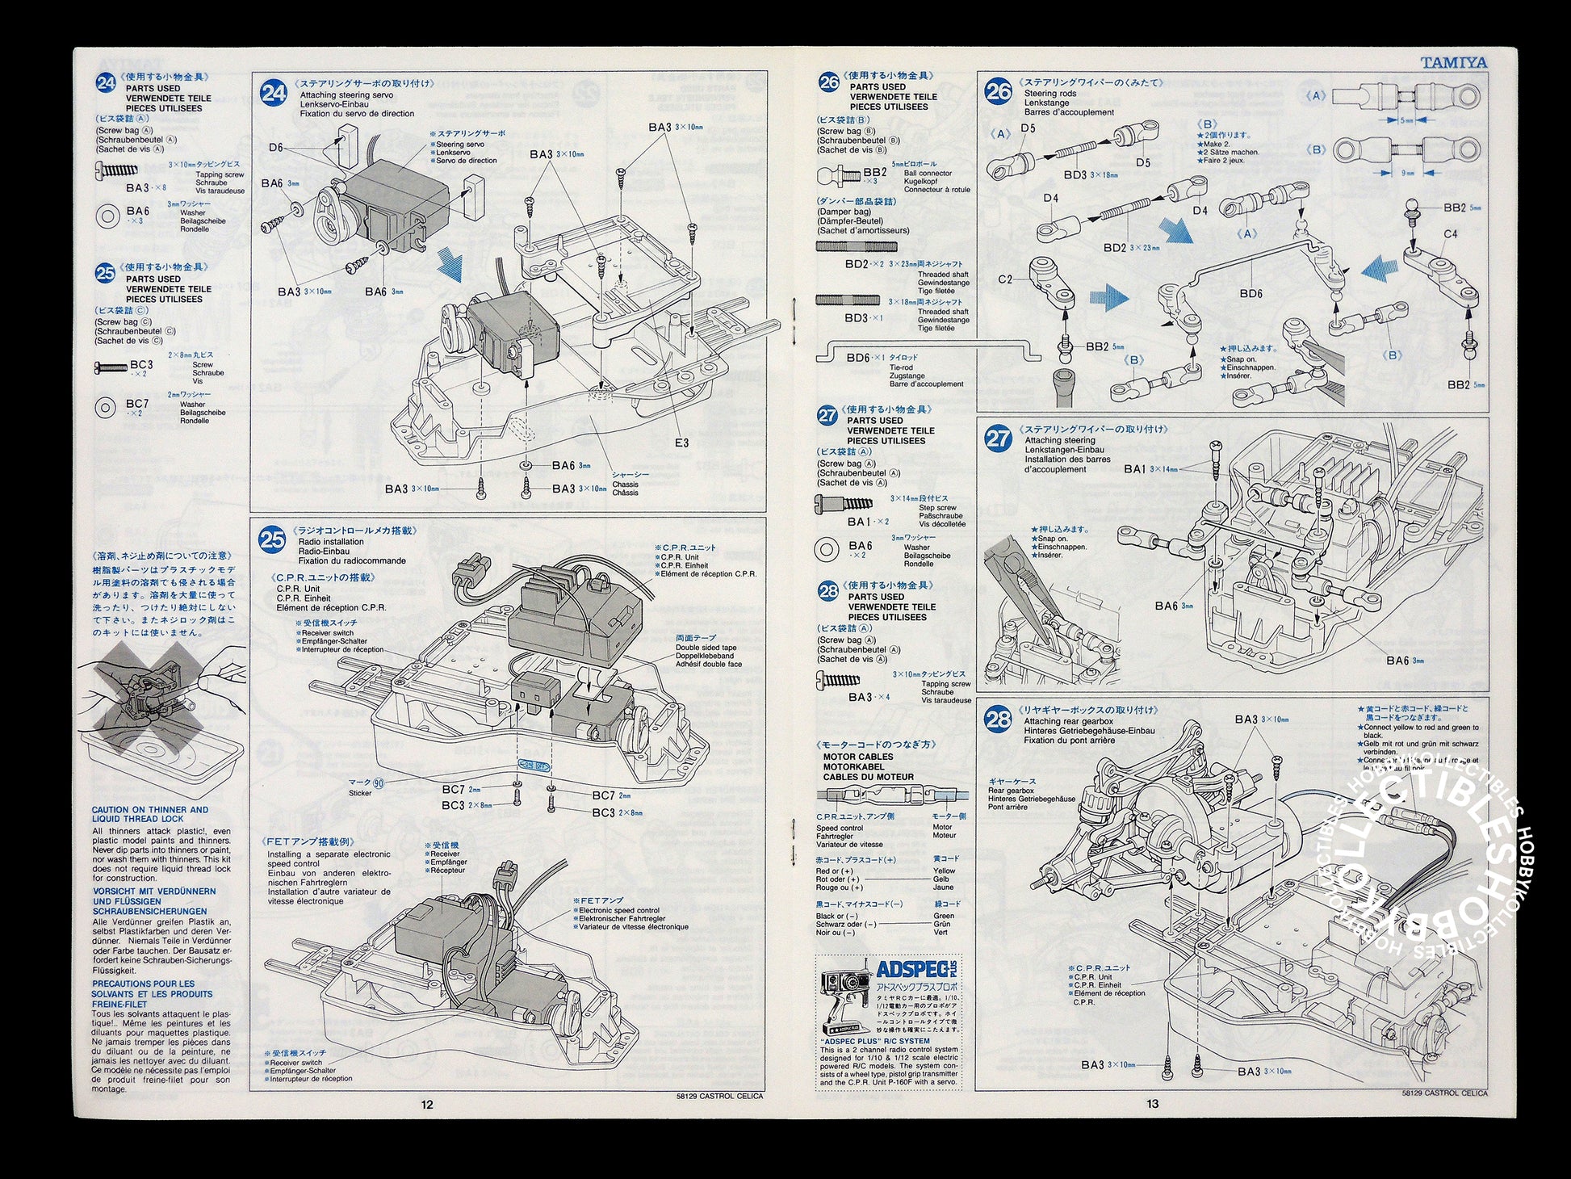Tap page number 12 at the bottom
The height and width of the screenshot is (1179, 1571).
(427, 1104)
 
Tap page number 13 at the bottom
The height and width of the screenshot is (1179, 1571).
(1152, 1104)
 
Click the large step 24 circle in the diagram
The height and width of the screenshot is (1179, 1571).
(273, 93)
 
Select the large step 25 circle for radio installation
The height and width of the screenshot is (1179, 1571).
(272, 539)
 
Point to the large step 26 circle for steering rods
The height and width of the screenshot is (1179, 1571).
(998, 91)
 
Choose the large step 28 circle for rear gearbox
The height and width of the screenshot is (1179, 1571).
(998, 719)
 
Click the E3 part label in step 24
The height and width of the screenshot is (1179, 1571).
(682, 443)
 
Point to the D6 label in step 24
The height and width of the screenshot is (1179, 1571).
(276, 148)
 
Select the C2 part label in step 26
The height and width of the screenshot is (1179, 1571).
(1005, 279)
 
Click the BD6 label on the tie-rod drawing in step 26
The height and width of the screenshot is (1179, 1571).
(1251, 294)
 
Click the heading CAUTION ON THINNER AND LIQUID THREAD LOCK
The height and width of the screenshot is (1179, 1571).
(150, 814)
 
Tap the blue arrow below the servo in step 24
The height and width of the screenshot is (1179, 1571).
(450, 266)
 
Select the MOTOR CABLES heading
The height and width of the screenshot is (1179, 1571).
(858, 757)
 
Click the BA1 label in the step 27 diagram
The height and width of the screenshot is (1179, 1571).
(1134, 468)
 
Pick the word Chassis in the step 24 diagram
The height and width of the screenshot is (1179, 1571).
(625, 485)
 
